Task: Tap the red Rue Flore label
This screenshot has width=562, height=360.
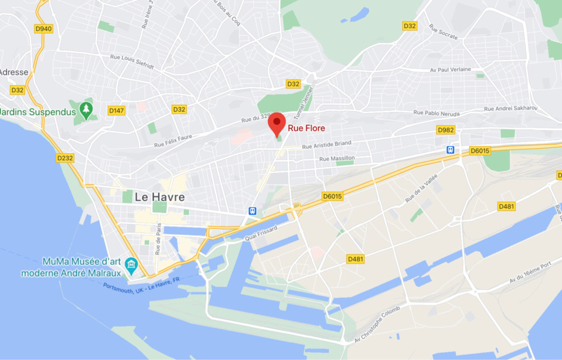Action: pos(306,128)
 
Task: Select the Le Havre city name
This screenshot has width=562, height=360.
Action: pos(159,197)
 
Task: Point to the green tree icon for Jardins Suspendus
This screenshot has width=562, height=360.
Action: pos(86,110)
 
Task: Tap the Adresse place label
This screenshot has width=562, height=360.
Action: pos(13,72)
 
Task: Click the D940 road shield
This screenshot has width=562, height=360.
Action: pos(43,28)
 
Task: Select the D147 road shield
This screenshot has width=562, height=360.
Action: pos(117,110)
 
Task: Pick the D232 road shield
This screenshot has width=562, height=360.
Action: pos(65,158)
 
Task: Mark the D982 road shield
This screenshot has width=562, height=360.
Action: pos(445,130)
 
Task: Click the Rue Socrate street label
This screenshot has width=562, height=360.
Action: pos(442,30)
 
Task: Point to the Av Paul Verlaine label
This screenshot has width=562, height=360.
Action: pos(450,69)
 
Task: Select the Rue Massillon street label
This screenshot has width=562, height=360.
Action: pos(337,158)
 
